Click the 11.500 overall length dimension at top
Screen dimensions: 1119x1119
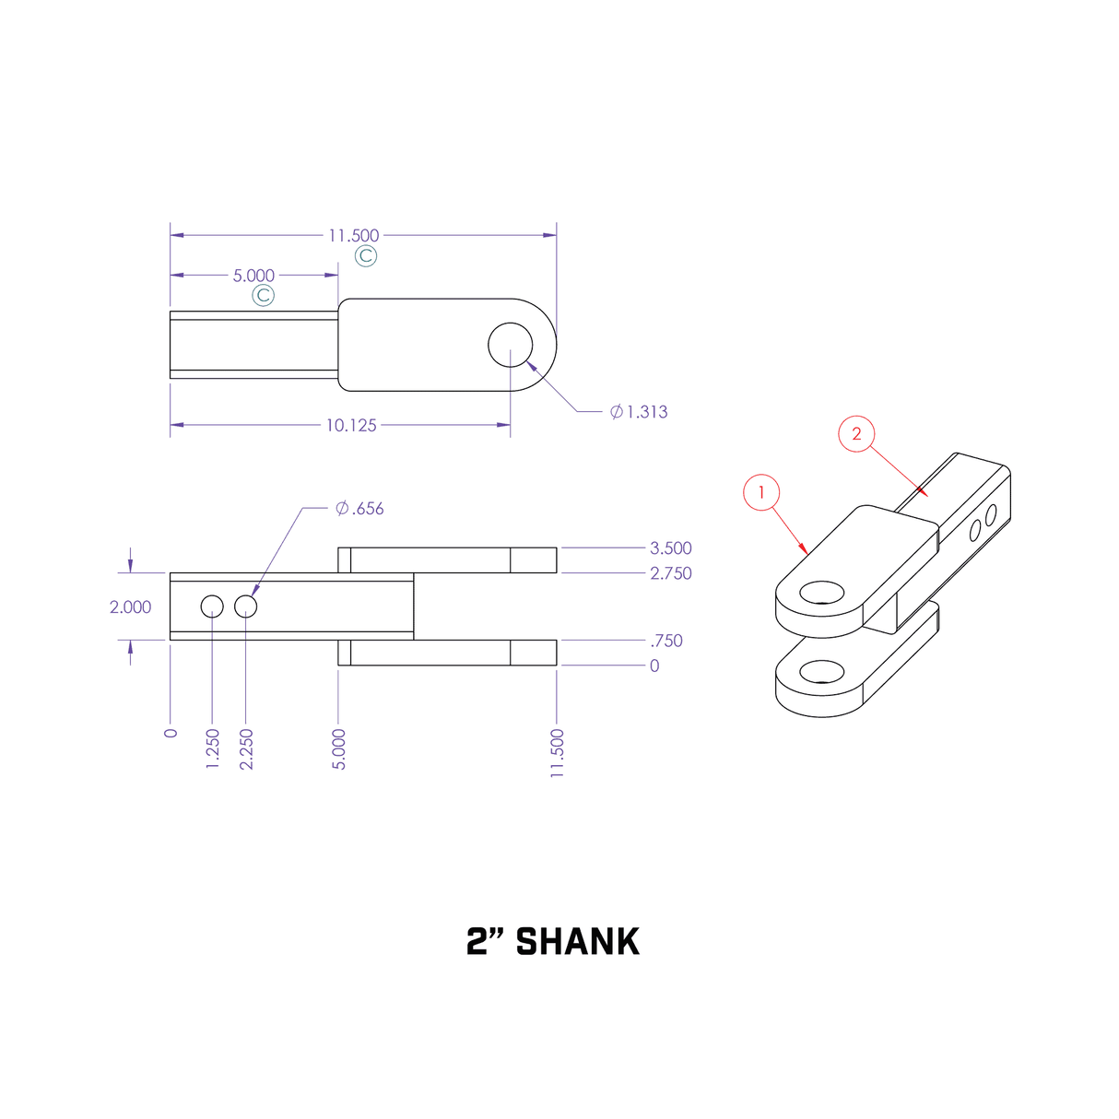click(x=353, y=236)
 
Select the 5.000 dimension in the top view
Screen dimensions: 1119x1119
click(x=253, y=276)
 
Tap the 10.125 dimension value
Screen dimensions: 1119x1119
click(x=351, y=425)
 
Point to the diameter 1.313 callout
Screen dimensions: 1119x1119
click(x=639, y=412)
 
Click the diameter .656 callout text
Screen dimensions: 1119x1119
click(x=359, y=509)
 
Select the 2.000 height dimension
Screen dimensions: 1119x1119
click(x=130, y=607)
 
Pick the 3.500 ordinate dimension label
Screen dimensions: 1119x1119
click(x=670, y=548)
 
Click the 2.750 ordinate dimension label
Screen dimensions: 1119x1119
click(x=670, y=573)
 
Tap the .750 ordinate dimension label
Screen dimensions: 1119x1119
click(x=666, y=641)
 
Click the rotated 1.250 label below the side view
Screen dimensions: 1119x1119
click(x=213, y=748)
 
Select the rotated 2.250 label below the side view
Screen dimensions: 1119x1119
click(x=246, y=748)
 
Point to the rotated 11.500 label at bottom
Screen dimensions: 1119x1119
click(x=557, y=753)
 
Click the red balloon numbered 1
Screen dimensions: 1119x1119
click(x=761, y=492)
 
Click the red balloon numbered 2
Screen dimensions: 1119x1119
click(x=856, y=434)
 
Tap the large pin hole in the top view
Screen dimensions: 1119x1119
click(x=511, y=345)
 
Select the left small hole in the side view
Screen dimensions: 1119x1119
click(x=212, y=607)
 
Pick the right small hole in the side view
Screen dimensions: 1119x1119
click(x=245, y=607)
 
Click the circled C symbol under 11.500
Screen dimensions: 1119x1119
click(x=366, y=256)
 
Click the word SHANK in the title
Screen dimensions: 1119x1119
click(x=577, y=942)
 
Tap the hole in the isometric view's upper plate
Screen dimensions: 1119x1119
click(x=822, y=592)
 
